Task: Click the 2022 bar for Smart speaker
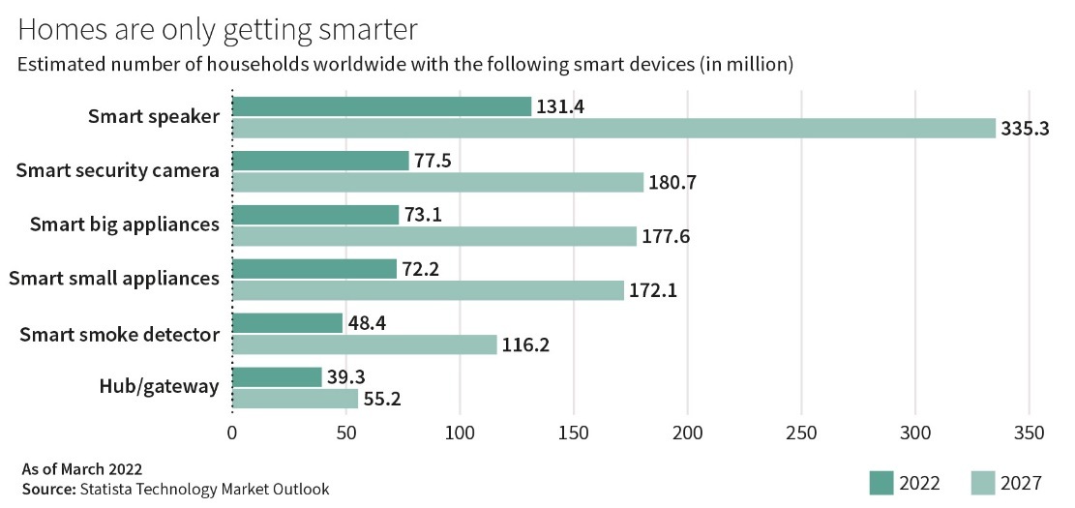(381, 106)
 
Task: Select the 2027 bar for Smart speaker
(613, 128)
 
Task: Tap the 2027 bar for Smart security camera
(437, 182)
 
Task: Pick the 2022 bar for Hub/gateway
(277, 377)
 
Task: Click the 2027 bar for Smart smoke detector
(364, 344)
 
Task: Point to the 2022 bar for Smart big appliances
(315, 215)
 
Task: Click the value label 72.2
(423, 269)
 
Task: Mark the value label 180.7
(673, 183)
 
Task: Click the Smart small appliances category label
(114, 279)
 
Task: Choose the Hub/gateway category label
(160, 387)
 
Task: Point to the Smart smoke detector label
(120, 334)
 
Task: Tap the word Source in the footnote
(45, 489)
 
